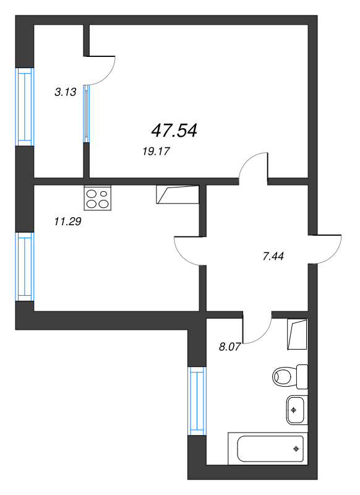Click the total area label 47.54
point(174,131)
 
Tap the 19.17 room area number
point(156,152)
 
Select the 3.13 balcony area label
point(66,92)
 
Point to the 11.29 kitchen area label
point(68,222)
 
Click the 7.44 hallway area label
point(273,256)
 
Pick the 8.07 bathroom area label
point(229,347)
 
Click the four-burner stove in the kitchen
point(98,198)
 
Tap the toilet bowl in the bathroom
point(289,377)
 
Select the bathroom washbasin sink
point(297,410)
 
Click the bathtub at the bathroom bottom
point(268,449)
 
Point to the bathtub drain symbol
point(296,449)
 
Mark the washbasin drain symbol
point(294,410)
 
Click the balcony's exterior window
point(25,107)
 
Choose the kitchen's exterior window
point(25,267)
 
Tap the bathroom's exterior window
point(197,401)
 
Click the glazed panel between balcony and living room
point(87,114)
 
